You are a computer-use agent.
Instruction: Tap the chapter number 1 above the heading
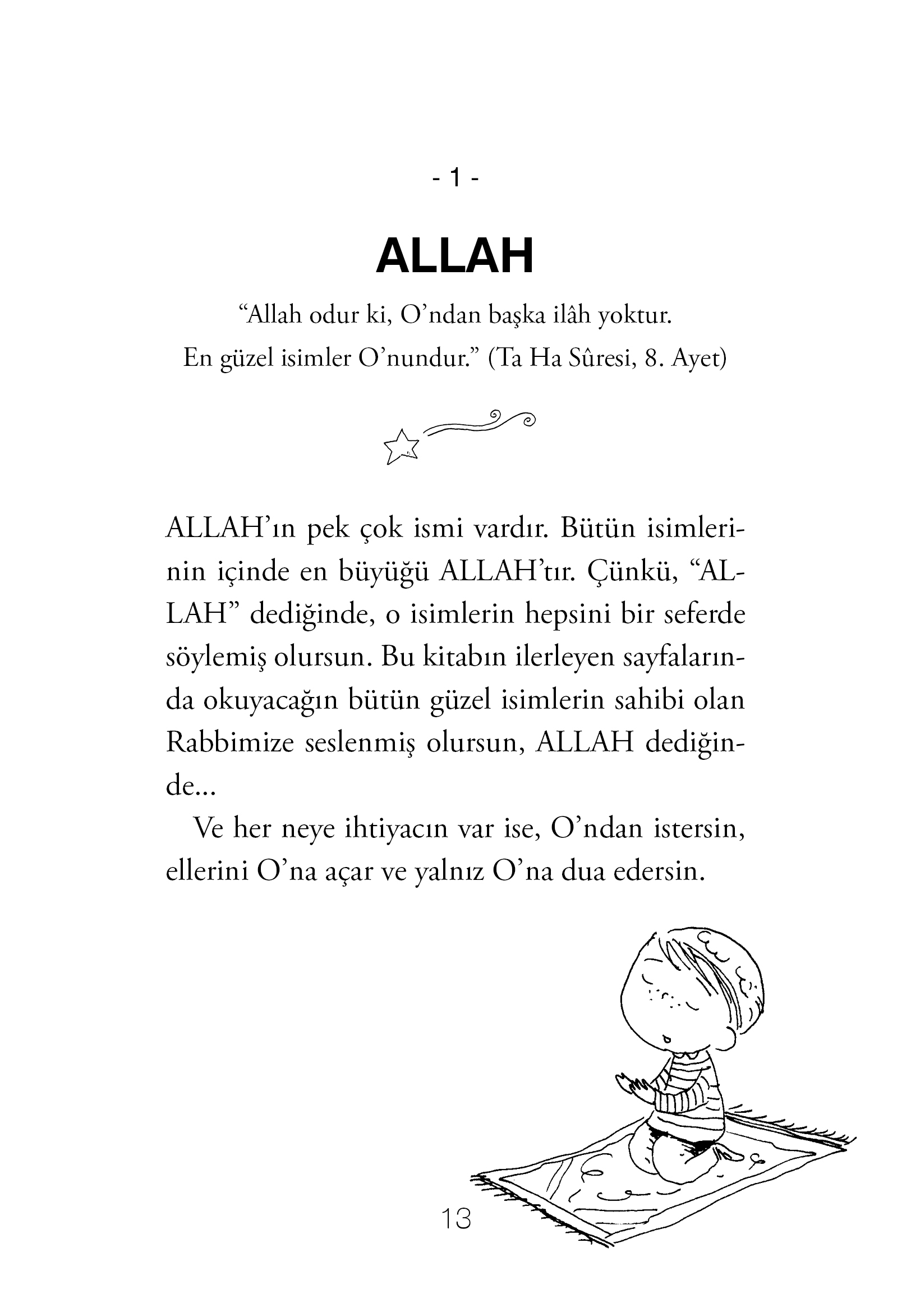455,180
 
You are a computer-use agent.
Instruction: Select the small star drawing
402,447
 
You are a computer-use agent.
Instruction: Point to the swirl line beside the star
480,424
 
